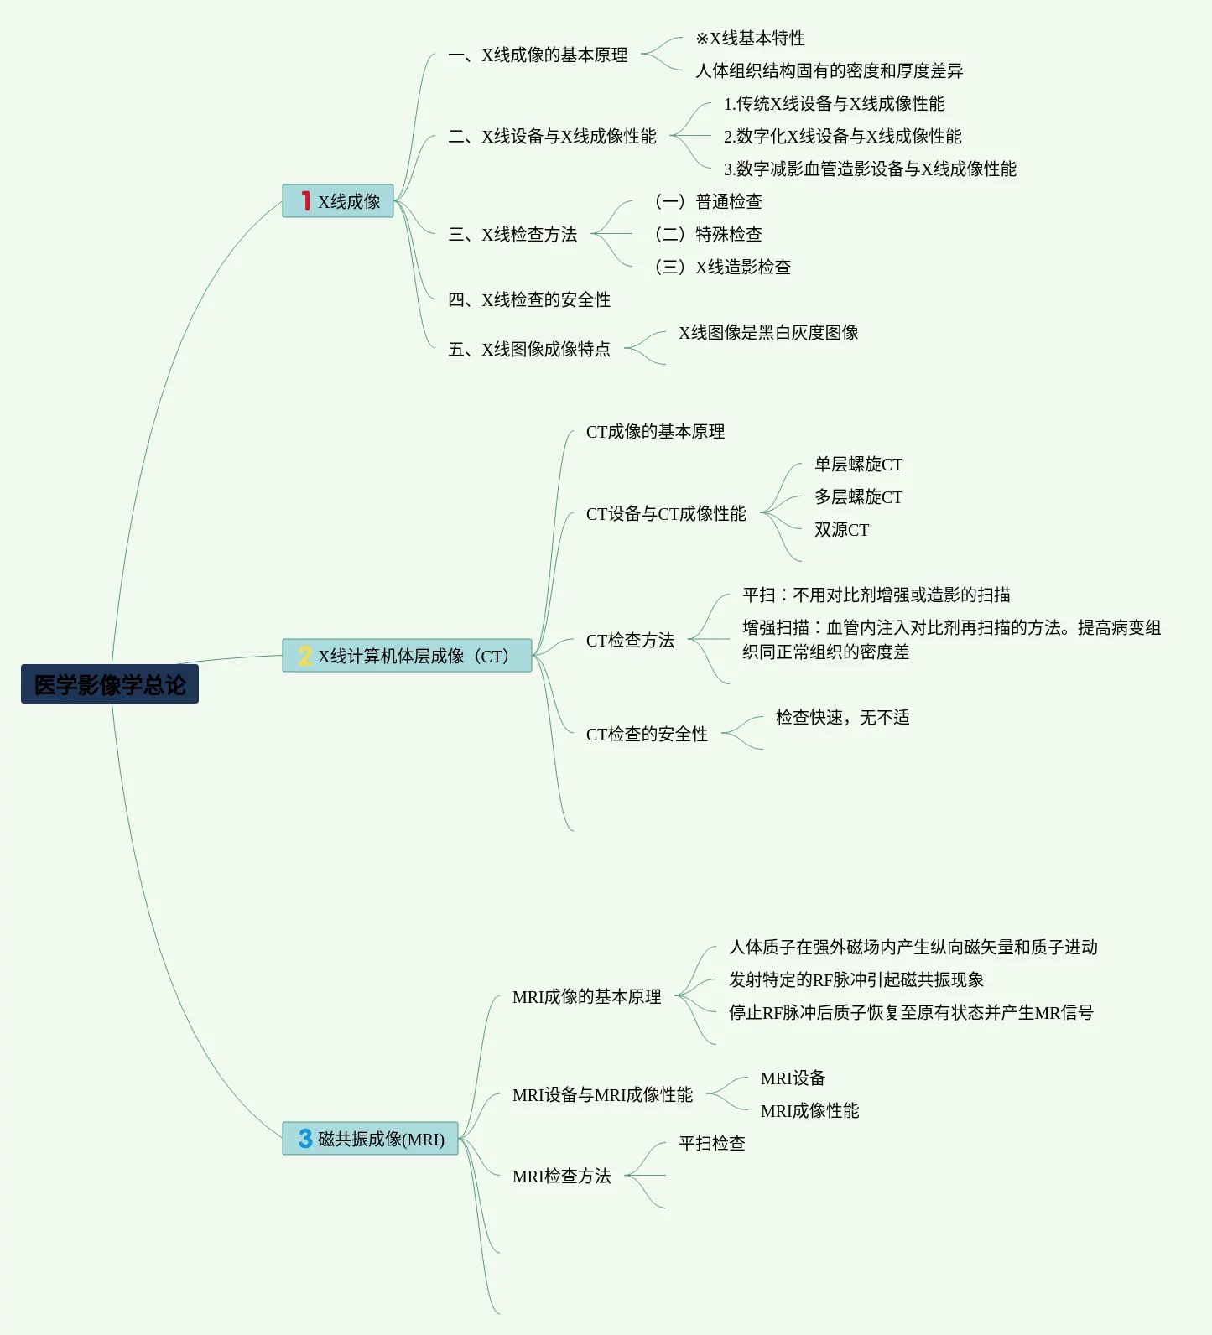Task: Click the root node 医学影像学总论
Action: click(x=110, y=684)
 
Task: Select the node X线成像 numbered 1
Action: click(x=338, y=201)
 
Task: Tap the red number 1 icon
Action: click(x=306, y=201)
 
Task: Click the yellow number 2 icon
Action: click(x=305, y=656)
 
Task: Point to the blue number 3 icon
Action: click(x=305, y=1139)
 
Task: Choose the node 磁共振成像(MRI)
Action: click(x=371, y=1139)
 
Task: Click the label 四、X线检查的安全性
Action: click(x=529, y=299)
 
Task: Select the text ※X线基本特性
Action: click(x=750, y=38)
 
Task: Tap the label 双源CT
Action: click(x=842, y=529)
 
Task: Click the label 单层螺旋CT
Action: click(x=859, y=464)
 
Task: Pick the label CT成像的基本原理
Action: click(x=656, y=431)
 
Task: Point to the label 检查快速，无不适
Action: click(x=843, y=717)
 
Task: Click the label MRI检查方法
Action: click(x=562, y=1176)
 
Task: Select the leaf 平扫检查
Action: click(x=712, y=1143)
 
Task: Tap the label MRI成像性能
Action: click(x=810, y=1110)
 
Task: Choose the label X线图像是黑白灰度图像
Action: click(x=768, y=332)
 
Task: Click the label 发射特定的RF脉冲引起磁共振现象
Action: click(x=856, y=979)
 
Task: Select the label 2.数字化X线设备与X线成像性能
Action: click(x=843, y=136)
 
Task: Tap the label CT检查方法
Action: click(x=631, y=640)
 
